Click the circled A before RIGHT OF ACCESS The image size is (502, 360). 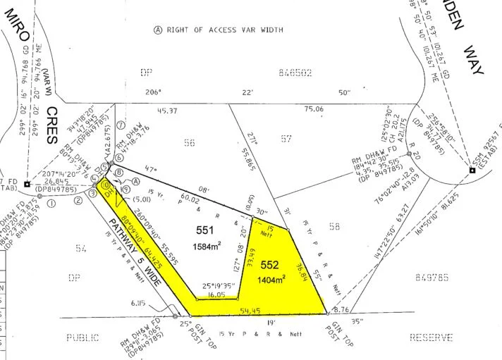158,30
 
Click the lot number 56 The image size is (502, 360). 189,142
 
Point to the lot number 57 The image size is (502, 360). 286,139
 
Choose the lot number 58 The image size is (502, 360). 333,226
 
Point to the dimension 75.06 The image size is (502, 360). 314,110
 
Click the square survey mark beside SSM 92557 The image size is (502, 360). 472,170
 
